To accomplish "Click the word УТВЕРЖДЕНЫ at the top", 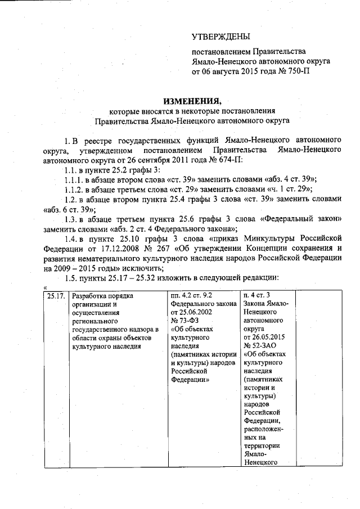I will (220, 38).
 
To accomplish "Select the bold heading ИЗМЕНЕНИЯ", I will (192, 101).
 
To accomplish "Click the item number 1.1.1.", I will (74, 179).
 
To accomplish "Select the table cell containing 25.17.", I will (56, 296).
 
